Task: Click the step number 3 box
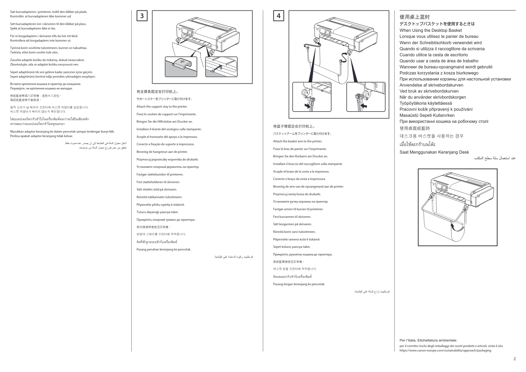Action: (142, 16)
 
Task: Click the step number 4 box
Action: (279, 16)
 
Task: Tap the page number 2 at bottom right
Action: (514, 359)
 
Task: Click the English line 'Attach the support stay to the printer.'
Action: (162, 107)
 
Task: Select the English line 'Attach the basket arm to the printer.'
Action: (298, 141)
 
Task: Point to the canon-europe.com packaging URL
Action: (445, 350)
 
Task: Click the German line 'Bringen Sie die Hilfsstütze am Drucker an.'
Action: (165, 122)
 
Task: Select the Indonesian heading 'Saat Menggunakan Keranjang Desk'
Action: (434, 152)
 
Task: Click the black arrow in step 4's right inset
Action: (364, 105)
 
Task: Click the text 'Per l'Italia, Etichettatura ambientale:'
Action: (428, 340)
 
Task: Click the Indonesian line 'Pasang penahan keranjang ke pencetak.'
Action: (164, 249)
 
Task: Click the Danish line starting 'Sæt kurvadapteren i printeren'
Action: (49, 12)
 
